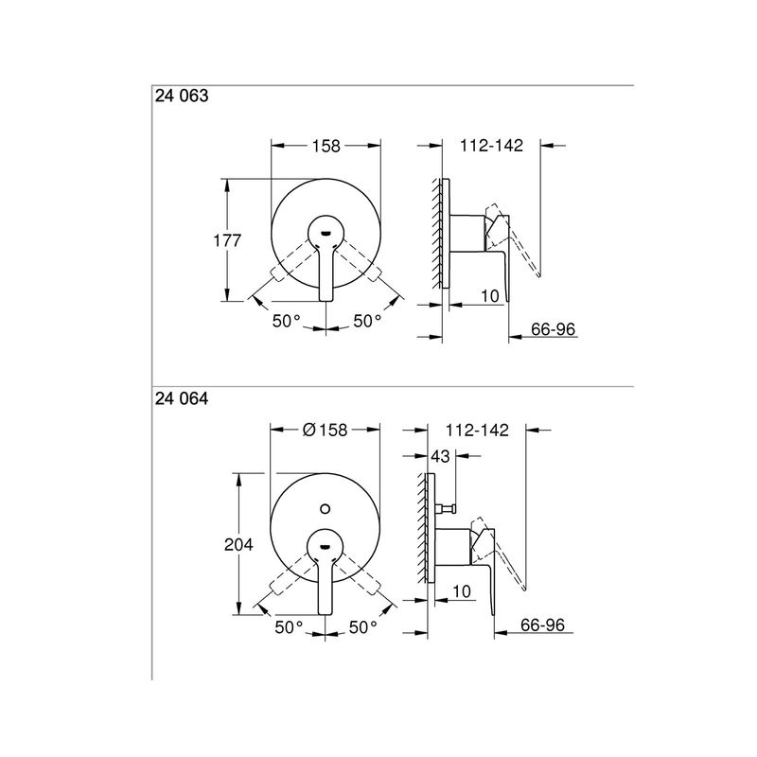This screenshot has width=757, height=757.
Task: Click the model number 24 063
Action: [182, 96]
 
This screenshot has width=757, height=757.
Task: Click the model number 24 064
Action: [182, 398]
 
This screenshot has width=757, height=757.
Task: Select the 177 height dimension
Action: [227, 240]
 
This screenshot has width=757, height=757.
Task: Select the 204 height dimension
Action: [238, 545]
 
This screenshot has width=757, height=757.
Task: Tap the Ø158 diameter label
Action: [325, 430]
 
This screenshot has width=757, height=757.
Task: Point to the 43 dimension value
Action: [440, 456]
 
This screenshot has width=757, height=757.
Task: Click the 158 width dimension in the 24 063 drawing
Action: [326, 146]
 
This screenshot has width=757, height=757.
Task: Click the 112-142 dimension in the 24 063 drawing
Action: [491, 146]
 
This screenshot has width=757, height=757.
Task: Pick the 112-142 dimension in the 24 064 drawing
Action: [477, 430]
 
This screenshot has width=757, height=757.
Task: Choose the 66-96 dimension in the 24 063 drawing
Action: [554, 329]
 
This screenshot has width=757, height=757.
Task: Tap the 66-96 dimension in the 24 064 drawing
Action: [542, 625]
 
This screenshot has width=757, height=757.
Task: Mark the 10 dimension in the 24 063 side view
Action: [490, 296]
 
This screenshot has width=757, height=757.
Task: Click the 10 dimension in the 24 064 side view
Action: [462, 590]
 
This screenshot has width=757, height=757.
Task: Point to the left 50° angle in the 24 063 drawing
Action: [287, 321]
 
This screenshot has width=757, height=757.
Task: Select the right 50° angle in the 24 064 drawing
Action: [363, 627]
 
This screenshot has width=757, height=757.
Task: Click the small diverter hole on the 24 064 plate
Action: [325, 509]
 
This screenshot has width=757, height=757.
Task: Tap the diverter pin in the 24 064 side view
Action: [447, 508]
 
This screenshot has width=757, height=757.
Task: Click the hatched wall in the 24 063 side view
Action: [437, 234]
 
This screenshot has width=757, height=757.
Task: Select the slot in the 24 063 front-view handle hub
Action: [326, 234]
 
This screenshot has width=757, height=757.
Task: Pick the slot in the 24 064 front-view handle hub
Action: [325, 547]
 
